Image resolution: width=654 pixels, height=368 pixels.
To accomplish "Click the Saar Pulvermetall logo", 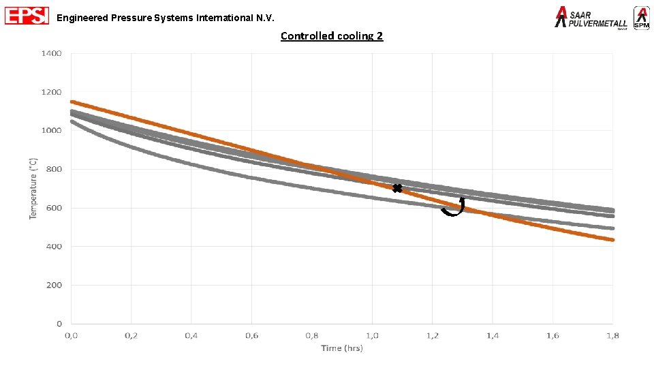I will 591,18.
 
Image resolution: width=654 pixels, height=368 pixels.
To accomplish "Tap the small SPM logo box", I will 641,18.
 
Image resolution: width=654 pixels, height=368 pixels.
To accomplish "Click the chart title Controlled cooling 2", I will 332,36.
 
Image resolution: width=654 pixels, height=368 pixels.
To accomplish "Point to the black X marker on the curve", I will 397,188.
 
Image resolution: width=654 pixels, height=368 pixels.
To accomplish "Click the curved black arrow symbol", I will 453,207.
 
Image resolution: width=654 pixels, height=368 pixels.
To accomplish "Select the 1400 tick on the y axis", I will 52,53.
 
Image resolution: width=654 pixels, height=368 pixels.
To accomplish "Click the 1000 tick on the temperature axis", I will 52,131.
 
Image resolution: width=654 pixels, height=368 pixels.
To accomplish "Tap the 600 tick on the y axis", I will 54,208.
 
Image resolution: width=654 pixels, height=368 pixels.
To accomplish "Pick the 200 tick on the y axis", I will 54,286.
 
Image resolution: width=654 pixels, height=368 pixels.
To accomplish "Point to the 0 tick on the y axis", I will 59,324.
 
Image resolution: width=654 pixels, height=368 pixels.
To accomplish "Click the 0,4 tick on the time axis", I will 191,335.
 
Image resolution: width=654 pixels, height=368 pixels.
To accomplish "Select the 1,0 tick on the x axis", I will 372,335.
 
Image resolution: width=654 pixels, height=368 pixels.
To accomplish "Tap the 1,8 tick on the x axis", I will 612,335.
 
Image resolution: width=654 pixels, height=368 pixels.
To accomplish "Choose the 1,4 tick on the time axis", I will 493,335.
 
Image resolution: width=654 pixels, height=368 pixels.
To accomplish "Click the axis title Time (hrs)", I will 342,348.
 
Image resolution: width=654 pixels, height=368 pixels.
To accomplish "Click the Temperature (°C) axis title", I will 33,189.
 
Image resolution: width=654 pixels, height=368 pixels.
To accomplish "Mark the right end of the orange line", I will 612,240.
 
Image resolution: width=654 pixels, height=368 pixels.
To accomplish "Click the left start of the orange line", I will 72,102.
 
